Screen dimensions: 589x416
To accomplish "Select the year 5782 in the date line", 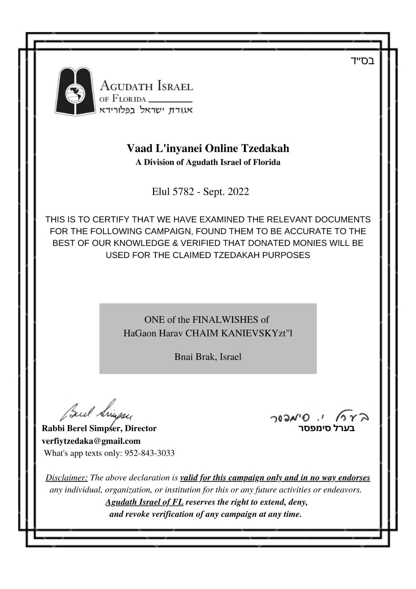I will [183, 192].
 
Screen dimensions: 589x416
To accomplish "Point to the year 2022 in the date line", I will [238, 192].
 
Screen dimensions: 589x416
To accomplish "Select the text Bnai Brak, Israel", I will [208, 357].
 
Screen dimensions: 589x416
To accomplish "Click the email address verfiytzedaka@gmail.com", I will [91, 441].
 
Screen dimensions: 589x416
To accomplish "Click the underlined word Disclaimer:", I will [67, 478].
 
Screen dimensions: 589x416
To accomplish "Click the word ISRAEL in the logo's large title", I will [175, 87].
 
